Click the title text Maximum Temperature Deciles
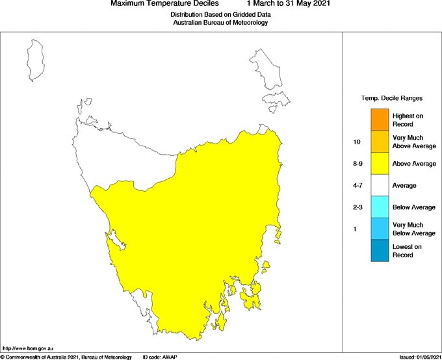(166, 4)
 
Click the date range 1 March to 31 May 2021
(289, 4)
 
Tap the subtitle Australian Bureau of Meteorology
(220, 22)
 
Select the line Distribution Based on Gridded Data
(220, 14)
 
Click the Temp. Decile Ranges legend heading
(391, 98)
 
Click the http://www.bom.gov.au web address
(27, 350)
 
